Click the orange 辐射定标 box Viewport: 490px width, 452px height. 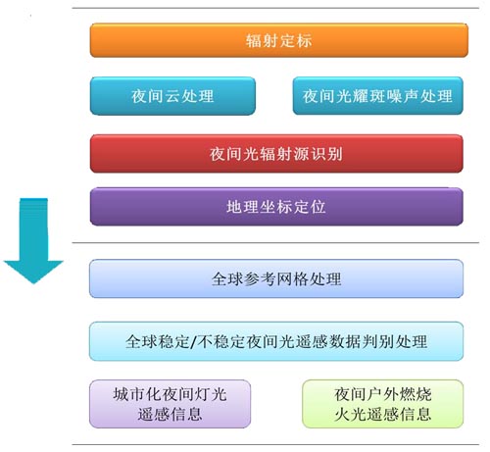pyautogui.click(x=279, y=40)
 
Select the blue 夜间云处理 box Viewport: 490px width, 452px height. pyautogui.click(x=172, y=96)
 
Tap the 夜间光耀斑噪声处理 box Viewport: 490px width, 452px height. pyautogui.click(x=378, y=96)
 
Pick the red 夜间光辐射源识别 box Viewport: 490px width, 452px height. pyautogui.click(x=276, y=154)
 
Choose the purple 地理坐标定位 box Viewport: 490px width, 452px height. pyautogui.click(x=276, y=207)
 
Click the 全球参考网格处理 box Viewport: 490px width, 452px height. pyautogui.click(x=276, y=278)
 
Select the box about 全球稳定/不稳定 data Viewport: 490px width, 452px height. pyautogui.click(x=276, y=341)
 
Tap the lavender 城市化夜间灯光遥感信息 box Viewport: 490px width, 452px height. pyautogui.click(x=171, y=404)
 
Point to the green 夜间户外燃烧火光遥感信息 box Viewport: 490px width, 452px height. pyautogui.click(x=383, y=404)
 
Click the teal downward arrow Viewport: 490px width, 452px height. pyautogui.click(x=33, y=240)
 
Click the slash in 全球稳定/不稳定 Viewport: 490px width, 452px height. pyautogui.click(x=194, y=342)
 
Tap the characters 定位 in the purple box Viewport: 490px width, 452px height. pyautogui.click(x=309, y=207)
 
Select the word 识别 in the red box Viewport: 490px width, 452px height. pyautogui.click(x=326, y=154)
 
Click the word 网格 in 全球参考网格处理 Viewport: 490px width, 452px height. pyautogui.click(x=292, y=279)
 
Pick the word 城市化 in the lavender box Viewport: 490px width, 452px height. pyautogui.click(x=138, y=394)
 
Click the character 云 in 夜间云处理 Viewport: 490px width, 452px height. pyautogui.click(x=172, y=96)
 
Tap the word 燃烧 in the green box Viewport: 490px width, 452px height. pyautogui.click(x=416, y=394)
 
